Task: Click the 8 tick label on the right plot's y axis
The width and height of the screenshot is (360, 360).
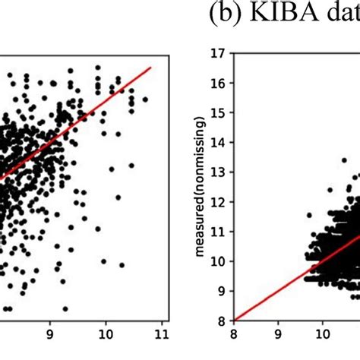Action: pyautogui.click(x=223, y=321)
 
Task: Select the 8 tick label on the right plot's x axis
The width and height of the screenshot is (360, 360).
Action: pyautogui.click(x=234, y=332)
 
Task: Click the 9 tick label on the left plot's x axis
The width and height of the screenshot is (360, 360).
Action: pyautogui.click(x=50, y=332)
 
